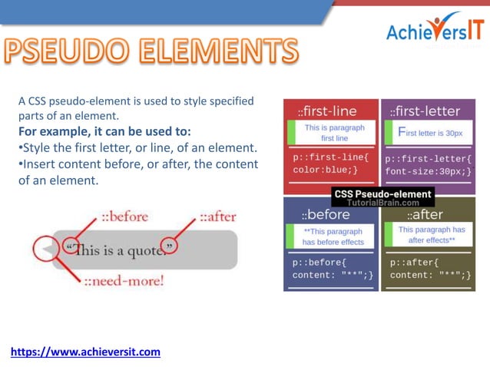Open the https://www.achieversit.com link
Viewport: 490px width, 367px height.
[x=85, y=352]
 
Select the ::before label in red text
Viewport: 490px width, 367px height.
[x=118, y=216]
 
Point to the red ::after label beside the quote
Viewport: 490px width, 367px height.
[x=218, y=216]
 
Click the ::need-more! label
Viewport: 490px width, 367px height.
[x=124, y=280]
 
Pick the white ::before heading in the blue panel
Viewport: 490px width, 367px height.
[x=326, y=215]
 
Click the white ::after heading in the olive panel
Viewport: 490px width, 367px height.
[x=425, y=215]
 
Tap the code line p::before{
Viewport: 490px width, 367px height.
[x=319, y=263]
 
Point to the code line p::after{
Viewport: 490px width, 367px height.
[x=415, y=263]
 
